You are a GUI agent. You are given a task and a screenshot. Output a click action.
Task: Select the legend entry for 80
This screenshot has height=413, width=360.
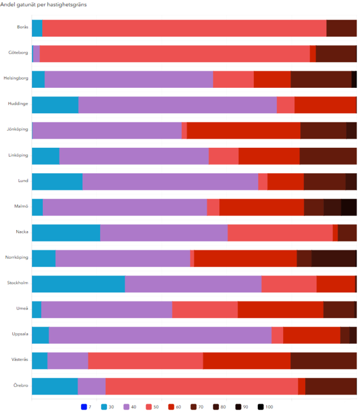220,407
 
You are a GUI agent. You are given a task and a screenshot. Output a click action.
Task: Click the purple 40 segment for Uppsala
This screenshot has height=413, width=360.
160,335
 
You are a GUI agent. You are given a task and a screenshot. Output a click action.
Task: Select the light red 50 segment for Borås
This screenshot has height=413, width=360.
184,28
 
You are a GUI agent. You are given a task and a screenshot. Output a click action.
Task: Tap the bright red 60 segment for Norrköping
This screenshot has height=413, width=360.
245,258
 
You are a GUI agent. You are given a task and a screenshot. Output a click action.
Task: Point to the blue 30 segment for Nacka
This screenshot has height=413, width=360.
66,233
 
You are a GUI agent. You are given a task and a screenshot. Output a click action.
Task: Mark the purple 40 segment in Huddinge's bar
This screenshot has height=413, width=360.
177,105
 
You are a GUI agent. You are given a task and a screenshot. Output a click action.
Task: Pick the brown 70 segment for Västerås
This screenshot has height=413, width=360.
323,360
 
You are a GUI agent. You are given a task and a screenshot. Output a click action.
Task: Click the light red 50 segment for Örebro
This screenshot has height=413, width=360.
202,386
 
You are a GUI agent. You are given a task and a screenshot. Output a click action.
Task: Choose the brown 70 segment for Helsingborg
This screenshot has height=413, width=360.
321,79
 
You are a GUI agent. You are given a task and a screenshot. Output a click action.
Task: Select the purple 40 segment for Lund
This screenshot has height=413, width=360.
170,181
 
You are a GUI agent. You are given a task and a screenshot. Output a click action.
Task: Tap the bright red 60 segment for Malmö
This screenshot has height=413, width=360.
261,207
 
